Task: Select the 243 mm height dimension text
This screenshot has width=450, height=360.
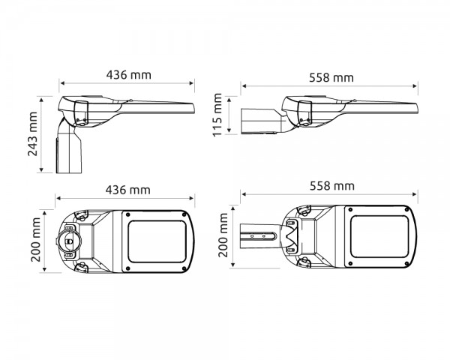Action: [32, 134]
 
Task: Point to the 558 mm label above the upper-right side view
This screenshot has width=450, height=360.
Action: [331, 76]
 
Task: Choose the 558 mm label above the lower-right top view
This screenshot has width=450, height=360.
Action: [331, 185]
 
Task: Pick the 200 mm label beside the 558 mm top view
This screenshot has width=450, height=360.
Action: [223, 235]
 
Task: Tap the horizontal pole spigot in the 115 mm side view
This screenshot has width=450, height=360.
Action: [259, 121]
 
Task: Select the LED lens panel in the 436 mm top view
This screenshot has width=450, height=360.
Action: [157, 240]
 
